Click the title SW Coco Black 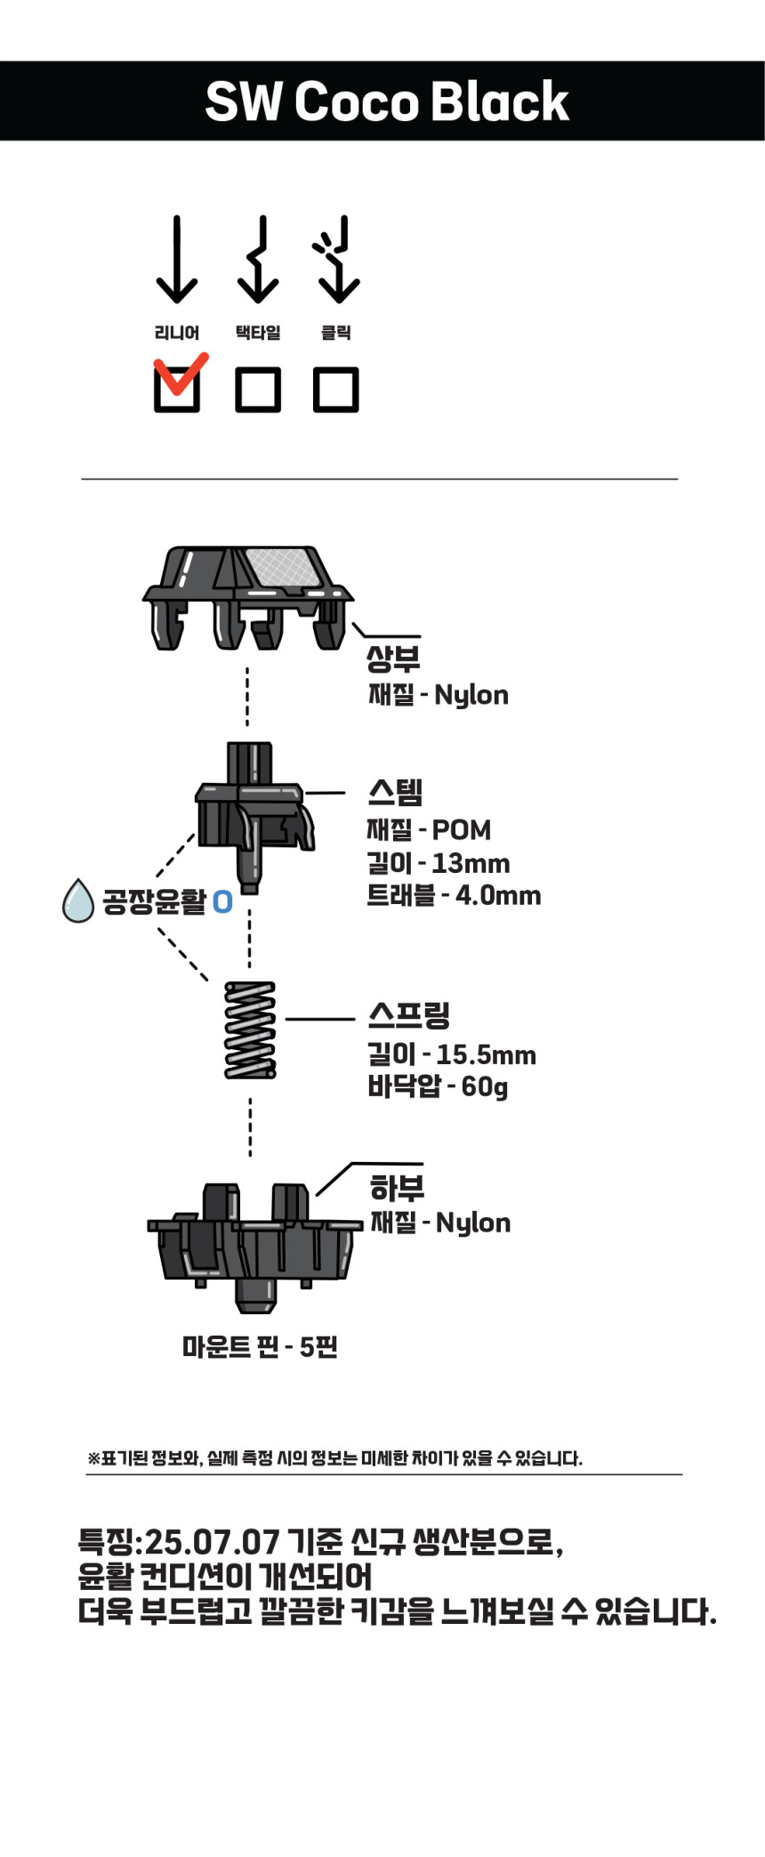point(386,101)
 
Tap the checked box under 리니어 point(177,389)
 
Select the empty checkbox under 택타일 point(258,389)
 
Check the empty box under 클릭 point(336,389)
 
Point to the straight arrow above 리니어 point(177,260)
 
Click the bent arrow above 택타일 point(258,260)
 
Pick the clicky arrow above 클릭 point(335,260)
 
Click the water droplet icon point(78,900)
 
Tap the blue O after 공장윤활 point(222,901)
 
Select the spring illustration point(250,1029)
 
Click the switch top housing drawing point(247,597)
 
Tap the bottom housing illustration point(254,1247)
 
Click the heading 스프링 point(409,1013)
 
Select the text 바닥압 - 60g point(438,1086)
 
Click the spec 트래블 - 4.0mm point(454,895)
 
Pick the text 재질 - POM point(429,829)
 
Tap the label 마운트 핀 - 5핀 point(260,1346)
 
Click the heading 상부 point(393,658)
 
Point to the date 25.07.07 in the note point(212,1541)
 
